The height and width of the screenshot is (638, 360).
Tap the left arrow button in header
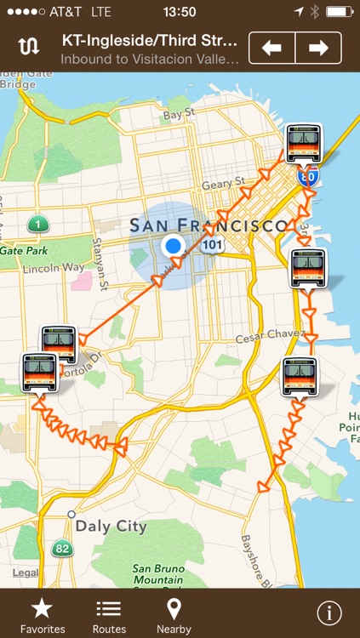(x=272, y=48)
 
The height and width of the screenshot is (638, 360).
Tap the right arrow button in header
(x=319, y=48)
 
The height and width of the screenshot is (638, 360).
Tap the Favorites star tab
(x=43, y=615)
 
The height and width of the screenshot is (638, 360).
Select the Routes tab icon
(x=109, y=615)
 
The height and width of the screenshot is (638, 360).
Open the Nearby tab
(x=174, y=615)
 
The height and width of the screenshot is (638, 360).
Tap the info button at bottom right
(x=329, y=613)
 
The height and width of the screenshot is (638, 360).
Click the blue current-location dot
(x=174, y=247)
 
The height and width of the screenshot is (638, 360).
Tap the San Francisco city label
(x=208, y=225)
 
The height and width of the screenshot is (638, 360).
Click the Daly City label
(x=111, y=527)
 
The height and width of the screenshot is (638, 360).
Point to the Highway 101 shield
(x=213, y=245)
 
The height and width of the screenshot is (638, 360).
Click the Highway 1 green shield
(x=37, y=225)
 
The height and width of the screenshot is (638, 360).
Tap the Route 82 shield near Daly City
(x=61, y=549)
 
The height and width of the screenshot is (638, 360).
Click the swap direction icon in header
(x=29, y=48)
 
